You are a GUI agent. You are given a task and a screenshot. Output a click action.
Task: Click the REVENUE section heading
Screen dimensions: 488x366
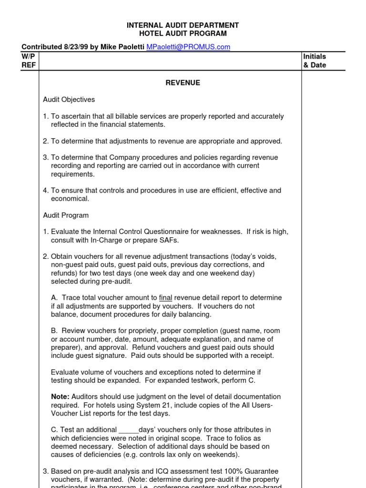point(183,83)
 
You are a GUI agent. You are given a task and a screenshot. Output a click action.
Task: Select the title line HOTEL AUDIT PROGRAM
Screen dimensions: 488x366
point(183,33)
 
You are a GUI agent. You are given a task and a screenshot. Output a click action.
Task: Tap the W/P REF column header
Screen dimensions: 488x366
point(29,61)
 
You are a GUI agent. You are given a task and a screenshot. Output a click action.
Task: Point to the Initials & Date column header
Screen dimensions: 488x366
point(315,61)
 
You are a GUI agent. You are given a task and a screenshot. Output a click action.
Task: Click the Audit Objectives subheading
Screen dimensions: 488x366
point(69,100)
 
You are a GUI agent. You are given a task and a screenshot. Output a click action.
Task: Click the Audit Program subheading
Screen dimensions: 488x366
point(66,215)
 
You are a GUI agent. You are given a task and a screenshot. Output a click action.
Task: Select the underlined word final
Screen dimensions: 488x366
point(166,297)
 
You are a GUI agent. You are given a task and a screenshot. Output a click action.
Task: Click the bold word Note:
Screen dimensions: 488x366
point(60,396)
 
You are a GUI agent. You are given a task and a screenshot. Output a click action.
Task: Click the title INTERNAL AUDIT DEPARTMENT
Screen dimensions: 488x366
point(183,25)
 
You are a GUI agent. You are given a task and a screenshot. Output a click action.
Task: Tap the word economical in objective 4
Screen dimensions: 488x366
point(70,199)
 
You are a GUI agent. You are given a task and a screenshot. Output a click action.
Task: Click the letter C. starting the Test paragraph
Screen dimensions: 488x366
point(54,430)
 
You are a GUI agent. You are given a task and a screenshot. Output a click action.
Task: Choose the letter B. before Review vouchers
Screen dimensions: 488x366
point(54,331)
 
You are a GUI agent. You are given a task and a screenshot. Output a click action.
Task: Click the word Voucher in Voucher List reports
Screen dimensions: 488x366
point(64,414)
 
